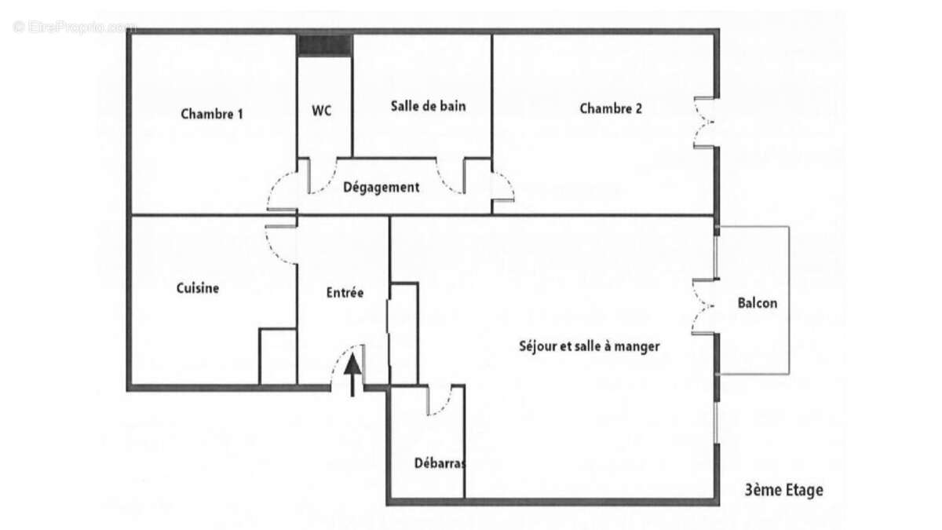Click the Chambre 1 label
[x=212, y=113]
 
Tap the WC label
[x=322, y=111]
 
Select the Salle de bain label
[x=428, y=106]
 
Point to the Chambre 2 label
[x=611, y=108]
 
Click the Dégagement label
[x=382, y=188]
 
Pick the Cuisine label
[x=198, y=288]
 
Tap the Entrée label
[x=345, y=293]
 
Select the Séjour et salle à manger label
[x=590, y=345]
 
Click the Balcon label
[x=758, y=303]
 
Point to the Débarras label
[x=440, y=463]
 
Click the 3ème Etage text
[x=783, y=491]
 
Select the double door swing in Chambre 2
[x=704, y=122]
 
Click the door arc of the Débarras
[x=441, y=400]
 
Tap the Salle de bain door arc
[x=451, y=178]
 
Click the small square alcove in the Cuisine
[x=278, y=357]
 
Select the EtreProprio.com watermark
[x=75, y=27]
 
